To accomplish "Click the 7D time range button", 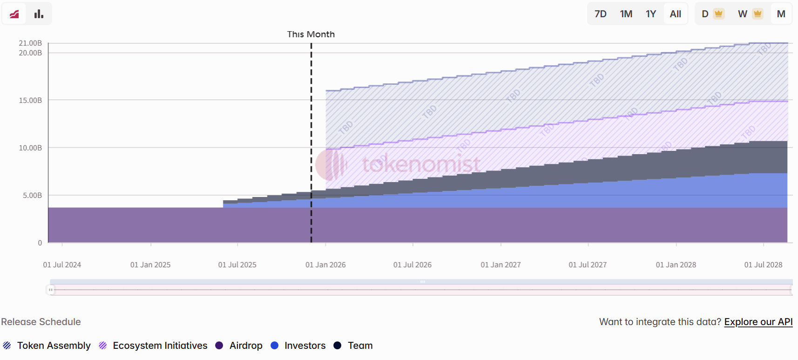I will pyautogui.click(x=600, y=14).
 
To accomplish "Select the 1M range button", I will pyautogui.click(x=626, y=14).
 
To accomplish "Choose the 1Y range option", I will pyautogui.click(x=650, y=14).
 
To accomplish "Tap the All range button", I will pyautogui.click(x=675, y=14).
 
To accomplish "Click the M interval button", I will pyautogui.click(x=781, y=14).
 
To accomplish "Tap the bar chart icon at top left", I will pyautogui.click(x=39, y=14).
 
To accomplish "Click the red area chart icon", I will pyautogui.click(x=14, y=14).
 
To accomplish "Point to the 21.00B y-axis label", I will pyautogui.click(x=30, y=43).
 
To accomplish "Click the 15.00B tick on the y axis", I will pyautogui.click(x=30, y=100).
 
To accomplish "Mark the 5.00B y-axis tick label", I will pyautogui.click(x=32, y=195).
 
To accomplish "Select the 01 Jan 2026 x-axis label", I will pyautogui.click(x=325, y=265).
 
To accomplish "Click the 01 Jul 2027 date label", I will pyautogui.click(x=588, y=265).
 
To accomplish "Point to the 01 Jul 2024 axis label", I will pyautogui.click(x=62, y=265).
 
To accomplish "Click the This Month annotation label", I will pyautogui.click(x=311, y=34).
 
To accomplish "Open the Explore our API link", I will pyautogui.click(x=758, y=322).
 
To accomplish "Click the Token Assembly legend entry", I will pyautogui.click(x=54, y=346).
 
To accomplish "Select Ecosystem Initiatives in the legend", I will pyautogui.click(x=160, y=346).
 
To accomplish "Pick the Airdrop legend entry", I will pyautogui.click(x=245, y=346).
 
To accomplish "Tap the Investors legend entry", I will pyautogui.click(x=304, y=346).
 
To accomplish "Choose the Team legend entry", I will pyautogui.click(x=360, y=346).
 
